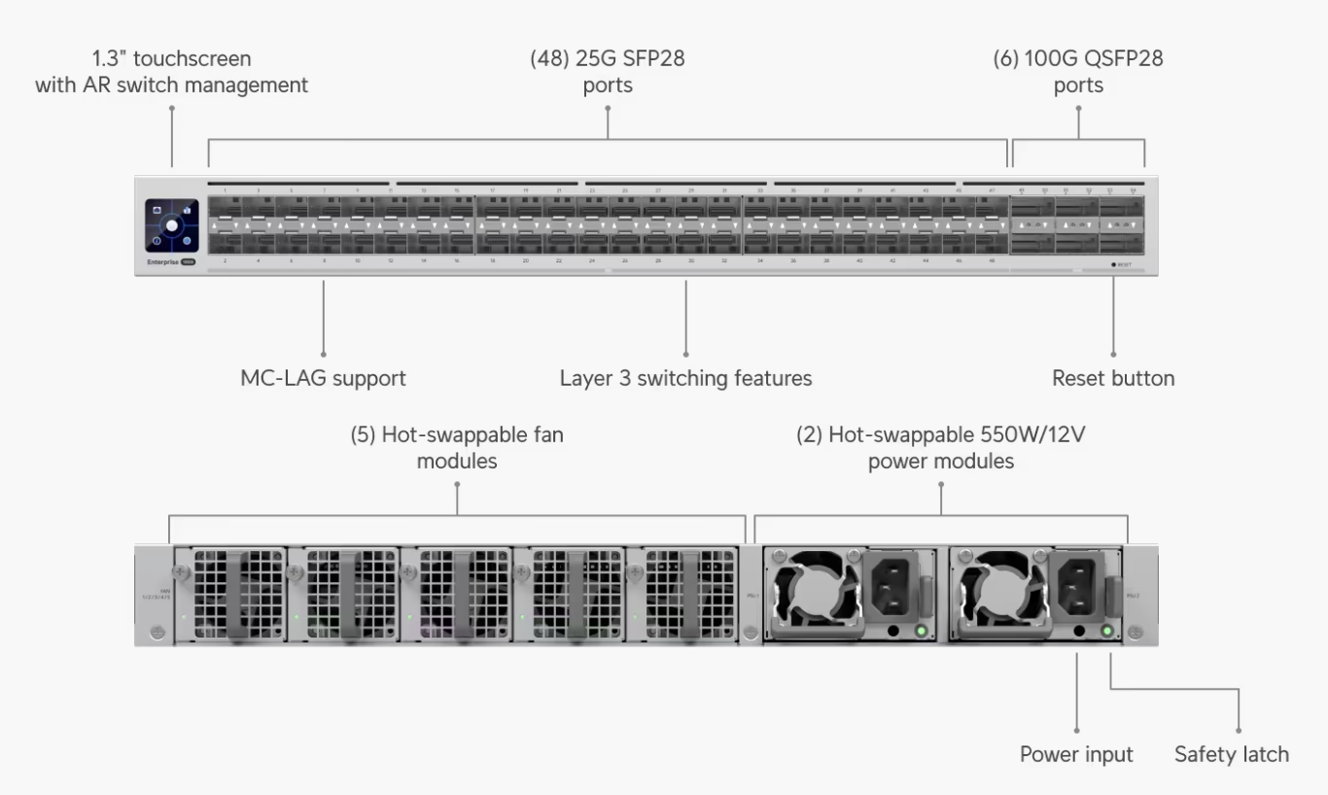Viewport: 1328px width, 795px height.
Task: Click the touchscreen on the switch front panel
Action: click(x=172, y=226)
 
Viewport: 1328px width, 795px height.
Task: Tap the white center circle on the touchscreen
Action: click(x=172, y=225)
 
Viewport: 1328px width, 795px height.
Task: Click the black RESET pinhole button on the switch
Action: click(x=1113, y=264)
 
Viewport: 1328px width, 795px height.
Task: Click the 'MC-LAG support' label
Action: click(x=323, y=378)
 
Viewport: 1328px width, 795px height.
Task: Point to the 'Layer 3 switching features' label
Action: click(x=685, y=378)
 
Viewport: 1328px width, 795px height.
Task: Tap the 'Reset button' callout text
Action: click(x=1113, y=378)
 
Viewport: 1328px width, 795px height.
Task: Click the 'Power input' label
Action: click(x=1076, y=754)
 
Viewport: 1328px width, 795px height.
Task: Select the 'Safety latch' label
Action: click(x=1231, y=754)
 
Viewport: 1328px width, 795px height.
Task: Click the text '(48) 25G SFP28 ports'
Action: click(x=607, y=72)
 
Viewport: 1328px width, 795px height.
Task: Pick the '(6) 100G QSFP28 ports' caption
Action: click(x=1078, y=72)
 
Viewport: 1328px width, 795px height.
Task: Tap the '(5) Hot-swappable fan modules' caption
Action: click(x=457, y=448)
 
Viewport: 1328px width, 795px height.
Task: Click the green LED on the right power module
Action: click(x=1106, y=633)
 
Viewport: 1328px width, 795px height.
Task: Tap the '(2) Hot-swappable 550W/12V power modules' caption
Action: click(x=941, y=448)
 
